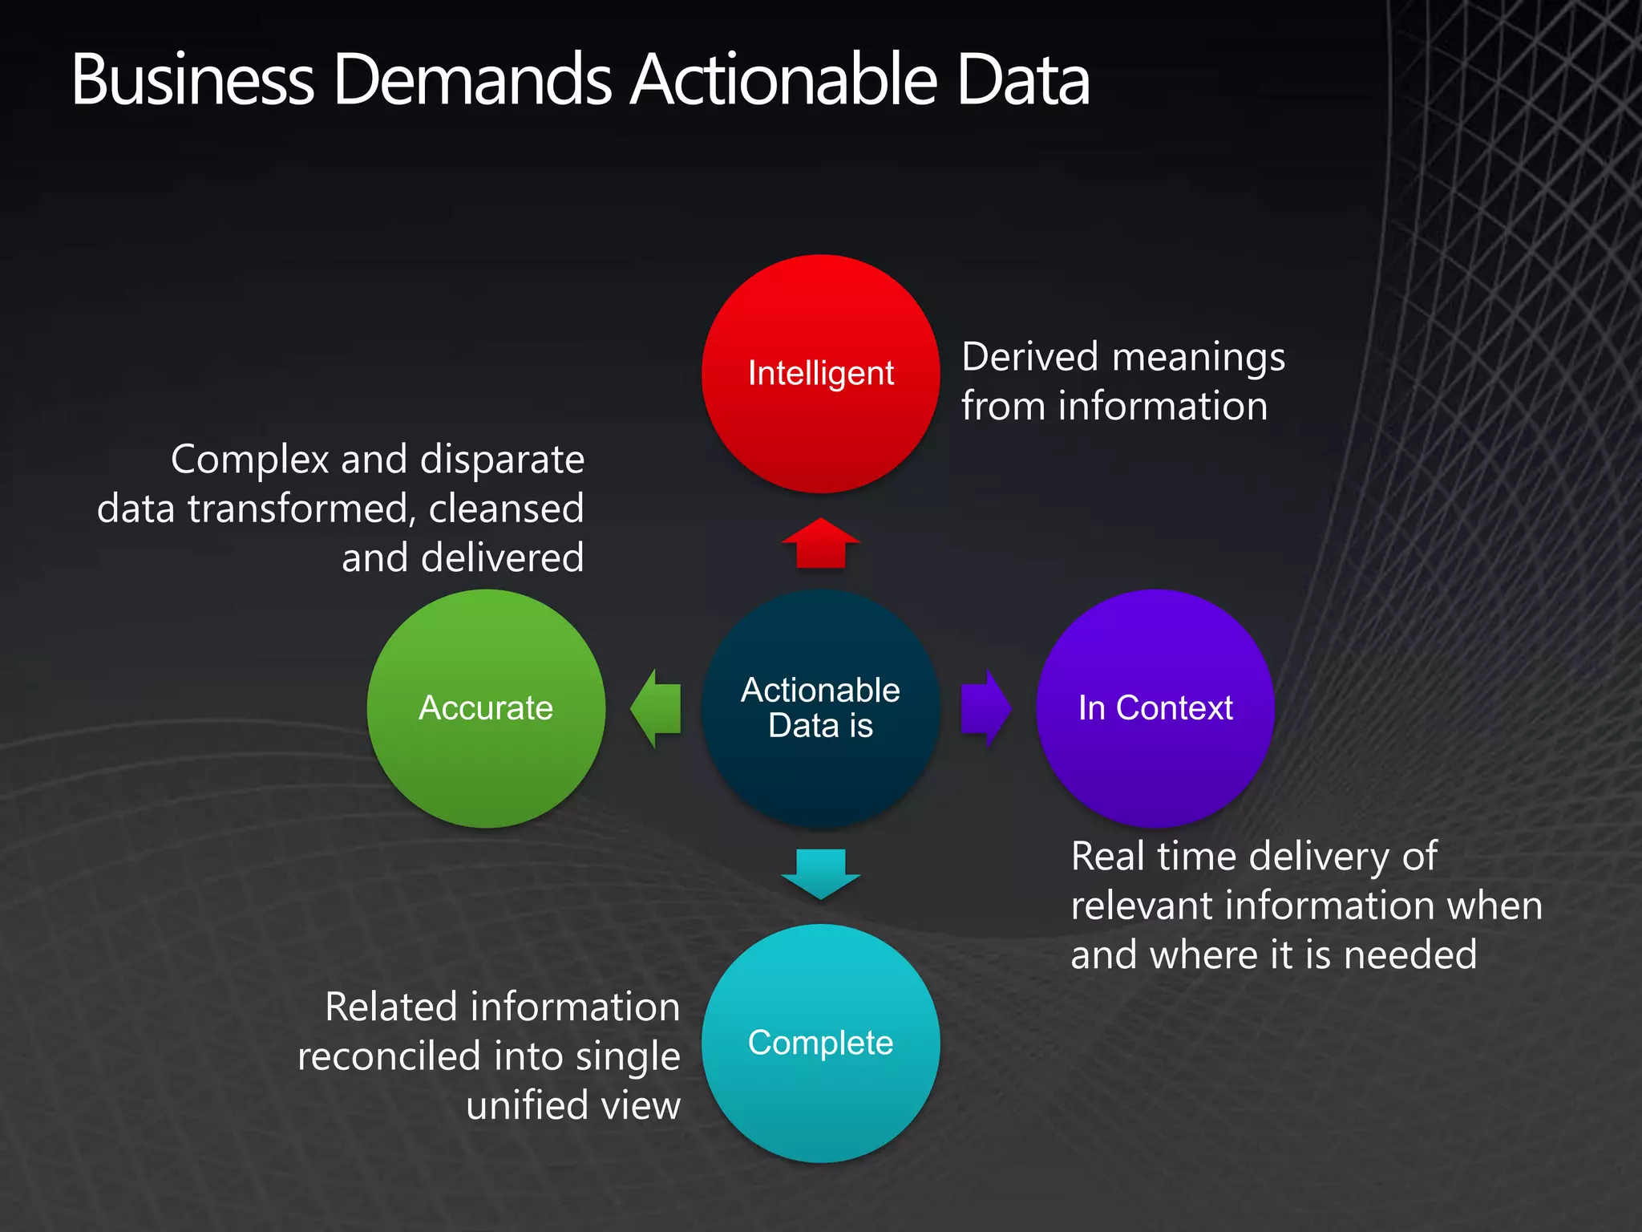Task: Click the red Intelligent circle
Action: click(820, 374)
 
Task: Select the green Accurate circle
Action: click(486, 708)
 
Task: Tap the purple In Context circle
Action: click(1155, 708)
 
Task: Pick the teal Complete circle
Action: click(820, 1043)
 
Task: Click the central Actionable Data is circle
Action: click(820, 708)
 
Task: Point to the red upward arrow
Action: click(820, 543)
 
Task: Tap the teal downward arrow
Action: click(820, 873)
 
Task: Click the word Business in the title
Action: click(192, 80)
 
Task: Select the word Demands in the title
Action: click(472, 80)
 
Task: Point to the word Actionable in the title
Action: click(783, 80)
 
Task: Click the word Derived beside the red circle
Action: click(1029, 356)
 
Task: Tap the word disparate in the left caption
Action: click(502, 460)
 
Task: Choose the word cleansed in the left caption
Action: click(506, 509)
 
